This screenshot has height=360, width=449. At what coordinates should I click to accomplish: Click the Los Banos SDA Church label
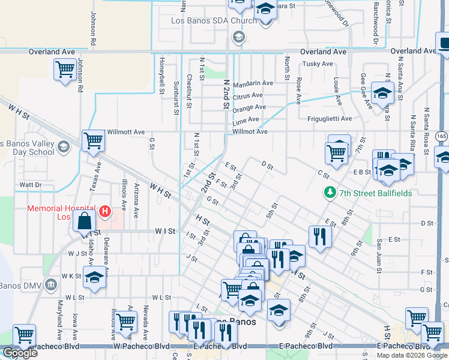tap(205, 21)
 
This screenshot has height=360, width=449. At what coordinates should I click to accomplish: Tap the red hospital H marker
tap(105, 211)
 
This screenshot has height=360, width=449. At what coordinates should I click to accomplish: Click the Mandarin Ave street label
tap(252, 83)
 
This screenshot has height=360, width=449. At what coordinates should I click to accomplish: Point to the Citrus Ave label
tap(247, 95)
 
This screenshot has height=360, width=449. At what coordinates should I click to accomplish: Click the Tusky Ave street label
tap(318, 64)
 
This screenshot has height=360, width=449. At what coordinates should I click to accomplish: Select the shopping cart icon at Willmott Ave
tap(93, 141)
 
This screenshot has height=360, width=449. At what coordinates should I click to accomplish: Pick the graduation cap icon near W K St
tap(94, 278)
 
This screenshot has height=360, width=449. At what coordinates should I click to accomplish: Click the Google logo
tap(20, 353)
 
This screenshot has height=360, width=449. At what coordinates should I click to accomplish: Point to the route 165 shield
tap(442, 136)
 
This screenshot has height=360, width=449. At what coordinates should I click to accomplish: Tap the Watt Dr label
tap(30, 185)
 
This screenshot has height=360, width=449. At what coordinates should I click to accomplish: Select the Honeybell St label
tap(162, 75)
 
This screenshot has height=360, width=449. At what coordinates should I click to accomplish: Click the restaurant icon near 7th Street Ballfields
tap(319, 235)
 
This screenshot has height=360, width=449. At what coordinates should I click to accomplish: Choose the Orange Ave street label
tap(249, 107)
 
